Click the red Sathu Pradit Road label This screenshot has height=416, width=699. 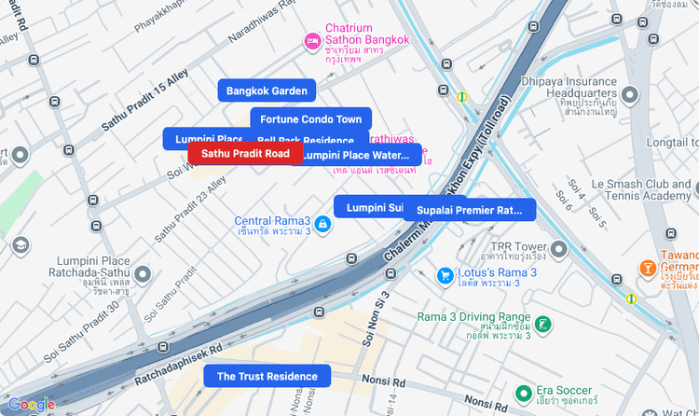245,153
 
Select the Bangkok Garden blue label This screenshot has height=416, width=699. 267,90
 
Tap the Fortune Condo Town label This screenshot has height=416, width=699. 310,119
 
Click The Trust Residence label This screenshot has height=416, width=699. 267,377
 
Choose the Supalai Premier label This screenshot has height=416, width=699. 470,210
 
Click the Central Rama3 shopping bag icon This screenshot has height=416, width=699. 322,224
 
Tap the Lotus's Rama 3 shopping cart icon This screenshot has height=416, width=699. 445,275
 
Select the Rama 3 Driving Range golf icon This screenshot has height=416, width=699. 542,324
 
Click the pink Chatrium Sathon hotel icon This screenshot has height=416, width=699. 313,41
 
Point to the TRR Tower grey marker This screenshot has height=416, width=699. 558,249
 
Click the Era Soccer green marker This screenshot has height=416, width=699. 525,393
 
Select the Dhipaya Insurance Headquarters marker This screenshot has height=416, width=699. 631,93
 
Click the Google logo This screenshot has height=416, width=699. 31,405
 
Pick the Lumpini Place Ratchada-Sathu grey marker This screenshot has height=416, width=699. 143,274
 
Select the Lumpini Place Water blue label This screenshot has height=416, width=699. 359,155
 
